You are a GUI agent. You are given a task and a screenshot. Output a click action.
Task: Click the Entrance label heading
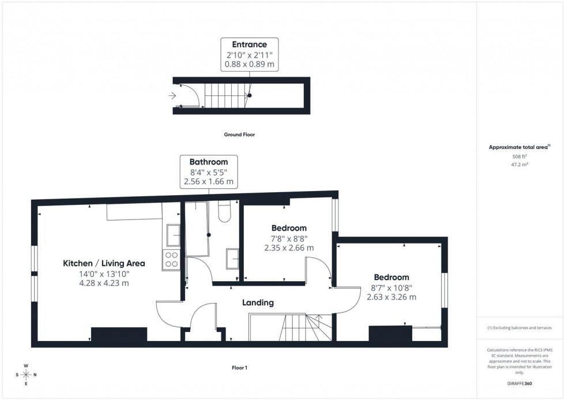tap(249, 44)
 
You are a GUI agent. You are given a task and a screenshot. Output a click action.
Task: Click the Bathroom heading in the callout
tap(209, 162)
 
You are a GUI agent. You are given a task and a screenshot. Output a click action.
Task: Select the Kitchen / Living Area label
tap(104, 263)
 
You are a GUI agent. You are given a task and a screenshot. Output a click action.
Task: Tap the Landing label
tap(258, 302)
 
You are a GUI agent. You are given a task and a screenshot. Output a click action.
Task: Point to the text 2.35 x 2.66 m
tap(289, 248)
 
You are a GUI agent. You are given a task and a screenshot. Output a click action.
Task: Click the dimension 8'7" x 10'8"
tap(391, 287)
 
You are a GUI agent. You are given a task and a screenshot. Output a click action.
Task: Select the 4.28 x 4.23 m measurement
tap(104, 283)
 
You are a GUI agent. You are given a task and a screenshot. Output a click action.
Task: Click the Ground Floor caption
tap(239, 134)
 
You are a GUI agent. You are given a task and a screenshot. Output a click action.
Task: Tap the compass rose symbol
tap(26, 375)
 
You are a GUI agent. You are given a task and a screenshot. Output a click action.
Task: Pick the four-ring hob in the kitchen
tap(172, 260)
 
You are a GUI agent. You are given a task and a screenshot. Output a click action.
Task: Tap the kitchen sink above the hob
tap(173, 235)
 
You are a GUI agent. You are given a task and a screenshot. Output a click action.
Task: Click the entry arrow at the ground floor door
tap(172, 96)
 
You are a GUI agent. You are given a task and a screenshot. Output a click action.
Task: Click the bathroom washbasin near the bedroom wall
tap(232, 258)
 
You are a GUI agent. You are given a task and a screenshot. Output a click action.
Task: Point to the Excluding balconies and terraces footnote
tap(519, 327)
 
